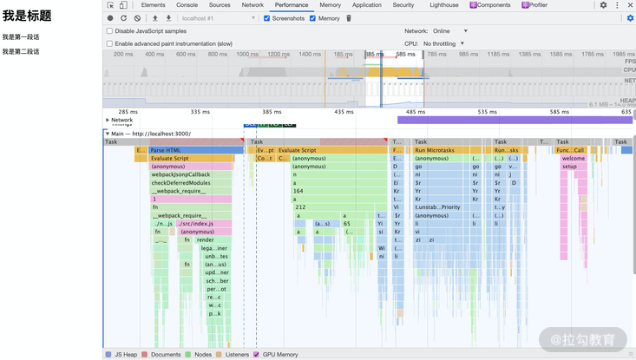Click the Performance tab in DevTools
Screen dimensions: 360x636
tap(291, 5)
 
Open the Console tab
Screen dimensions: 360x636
tap(187, 5)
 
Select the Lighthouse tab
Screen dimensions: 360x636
tap(443, 5)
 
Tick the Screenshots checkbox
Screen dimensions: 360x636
tap(266, 18)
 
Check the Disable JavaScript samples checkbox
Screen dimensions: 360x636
tap(109, 31)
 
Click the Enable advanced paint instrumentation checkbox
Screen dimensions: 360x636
tap(109, 43)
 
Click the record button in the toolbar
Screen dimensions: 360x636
tap(110, 18)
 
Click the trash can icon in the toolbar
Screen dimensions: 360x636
tap(349, 18)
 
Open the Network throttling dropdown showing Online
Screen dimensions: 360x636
tap(449, 31)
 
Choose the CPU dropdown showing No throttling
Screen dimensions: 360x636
tap(444, 43)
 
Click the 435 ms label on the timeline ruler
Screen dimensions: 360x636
tap(344, 112)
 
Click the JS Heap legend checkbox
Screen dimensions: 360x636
tap(108, 355)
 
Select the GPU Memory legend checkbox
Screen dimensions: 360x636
tap(256, 355)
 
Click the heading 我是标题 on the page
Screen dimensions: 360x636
tap(27, 16)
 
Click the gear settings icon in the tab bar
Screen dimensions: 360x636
tap(603, 5)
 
